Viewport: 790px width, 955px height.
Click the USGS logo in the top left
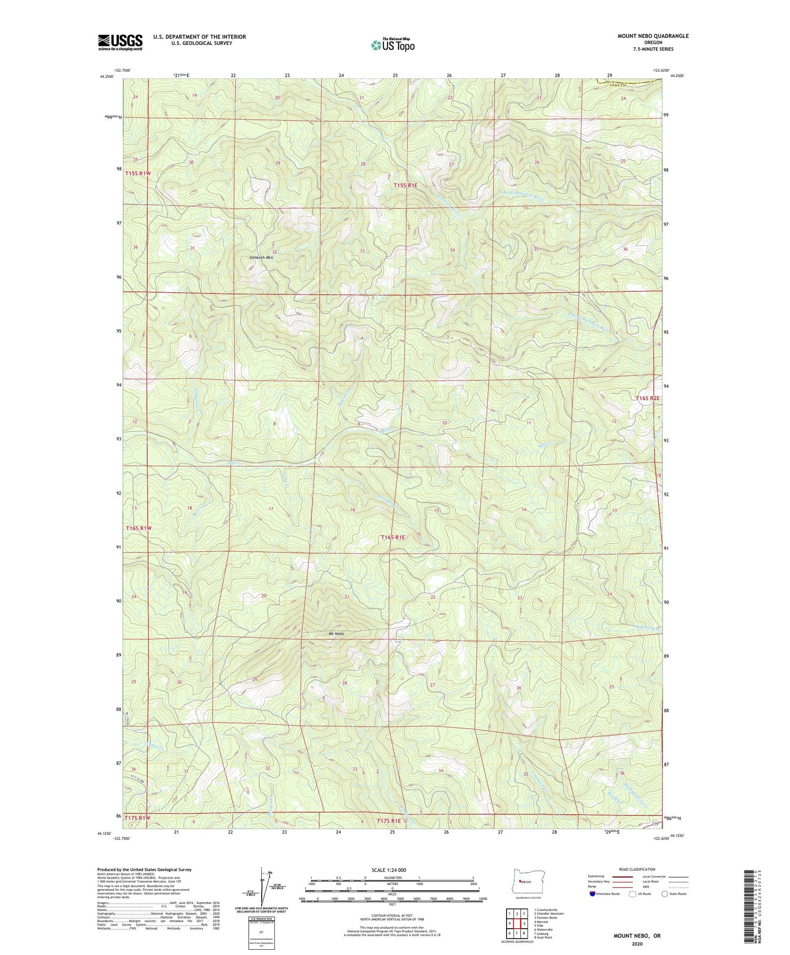click(120, 42)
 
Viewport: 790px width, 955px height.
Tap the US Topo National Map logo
click(392, 45)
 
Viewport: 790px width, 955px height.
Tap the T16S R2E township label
click(647, 398)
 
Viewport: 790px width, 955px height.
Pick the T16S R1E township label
click(393, 537)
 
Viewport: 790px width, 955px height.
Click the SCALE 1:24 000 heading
click(392, 870)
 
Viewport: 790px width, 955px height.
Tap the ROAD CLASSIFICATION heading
click(637, 869)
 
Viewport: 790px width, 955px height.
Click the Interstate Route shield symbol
click(593, 893)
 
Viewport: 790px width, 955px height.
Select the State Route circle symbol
click(665, 893)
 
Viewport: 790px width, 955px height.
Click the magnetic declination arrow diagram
click(263, 885)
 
